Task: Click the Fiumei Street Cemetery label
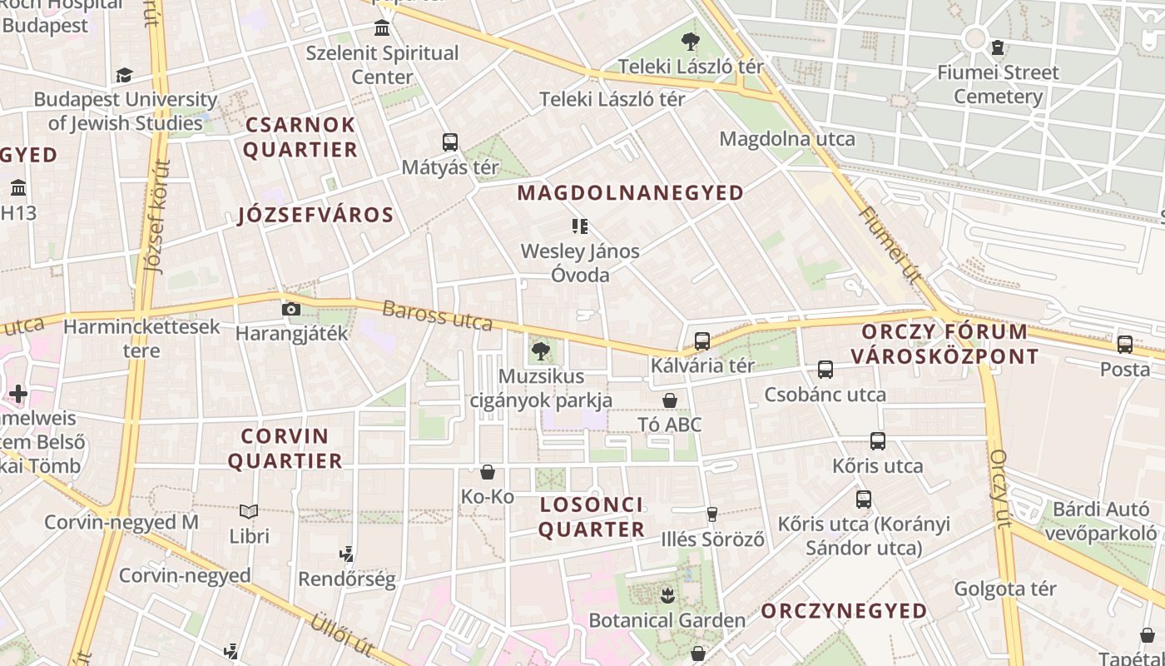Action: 998,84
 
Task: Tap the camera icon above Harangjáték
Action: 291,310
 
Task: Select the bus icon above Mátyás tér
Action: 450,142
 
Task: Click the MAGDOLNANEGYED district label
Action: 631,193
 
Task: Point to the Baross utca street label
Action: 437,316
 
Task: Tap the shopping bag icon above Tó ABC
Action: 670,401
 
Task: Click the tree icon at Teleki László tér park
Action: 690,41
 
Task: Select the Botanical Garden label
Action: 667,620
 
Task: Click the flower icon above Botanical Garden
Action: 667,595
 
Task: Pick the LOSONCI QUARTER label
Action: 592,517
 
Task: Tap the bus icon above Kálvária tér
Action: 702,341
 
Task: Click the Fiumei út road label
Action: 890,246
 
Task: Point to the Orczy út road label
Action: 999,489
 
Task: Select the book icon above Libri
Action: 249,511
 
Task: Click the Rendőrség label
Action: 346,579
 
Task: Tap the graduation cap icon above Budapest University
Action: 125,76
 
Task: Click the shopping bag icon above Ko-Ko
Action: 488,473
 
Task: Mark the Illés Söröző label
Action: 712,539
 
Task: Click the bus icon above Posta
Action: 1125,344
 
